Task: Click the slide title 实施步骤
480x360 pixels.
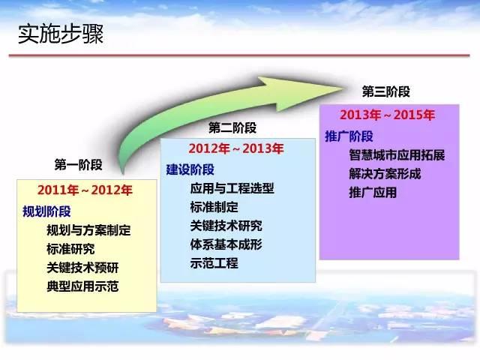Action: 61,34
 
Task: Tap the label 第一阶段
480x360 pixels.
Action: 78,165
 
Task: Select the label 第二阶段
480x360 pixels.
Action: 232,127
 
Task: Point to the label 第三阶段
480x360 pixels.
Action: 386,91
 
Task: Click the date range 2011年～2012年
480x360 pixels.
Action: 85,190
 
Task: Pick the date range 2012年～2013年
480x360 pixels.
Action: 236,148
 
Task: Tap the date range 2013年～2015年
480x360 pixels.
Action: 387,115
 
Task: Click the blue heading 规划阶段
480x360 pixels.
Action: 46,211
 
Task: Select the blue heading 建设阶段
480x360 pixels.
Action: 190,169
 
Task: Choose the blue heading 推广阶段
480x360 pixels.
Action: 349,136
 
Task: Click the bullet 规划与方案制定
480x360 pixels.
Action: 88,230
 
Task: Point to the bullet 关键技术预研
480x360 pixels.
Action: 82,268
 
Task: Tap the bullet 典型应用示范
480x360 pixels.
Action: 82,286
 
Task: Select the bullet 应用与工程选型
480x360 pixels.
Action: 232,188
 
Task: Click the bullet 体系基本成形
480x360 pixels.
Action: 226,244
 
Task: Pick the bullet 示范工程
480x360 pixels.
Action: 214,263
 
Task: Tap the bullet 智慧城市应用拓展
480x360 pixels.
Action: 397,155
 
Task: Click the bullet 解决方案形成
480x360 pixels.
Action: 385,173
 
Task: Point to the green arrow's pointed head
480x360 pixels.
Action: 342,89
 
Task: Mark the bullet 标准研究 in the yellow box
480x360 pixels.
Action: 70,249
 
